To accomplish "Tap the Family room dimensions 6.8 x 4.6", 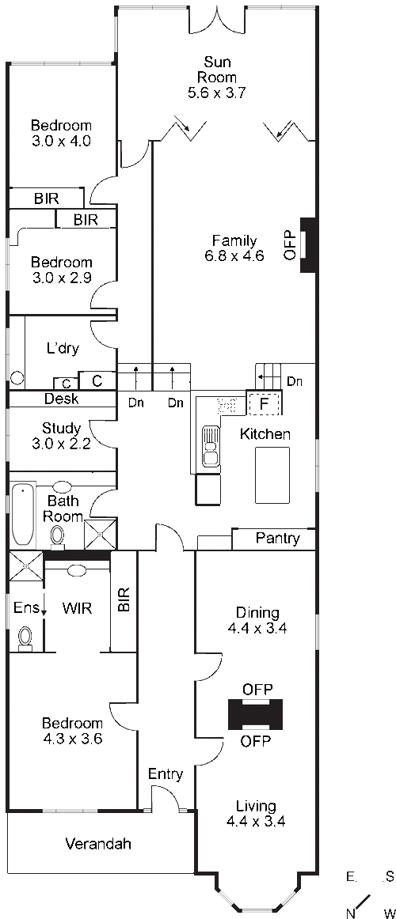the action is point(234,255).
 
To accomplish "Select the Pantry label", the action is point(277,538).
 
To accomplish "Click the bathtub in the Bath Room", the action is point(23,513).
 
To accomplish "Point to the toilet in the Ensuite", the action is point(25,638).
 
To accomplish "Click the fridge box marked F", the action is point(264,403).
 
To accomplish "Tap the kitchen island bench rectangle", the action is point(272,475).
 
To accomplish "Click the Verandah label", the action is point(98,844).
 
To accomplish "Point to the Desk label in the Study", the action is point(62,399).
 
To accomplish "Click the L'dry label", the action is point(63,349).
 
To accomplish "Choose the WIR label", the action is point(77,608).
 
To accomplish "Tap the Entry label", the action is point(166,774).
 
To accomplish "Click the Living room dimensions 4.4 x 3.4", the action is point(256,821).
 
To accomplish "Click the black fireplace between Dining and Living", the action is point(255,714).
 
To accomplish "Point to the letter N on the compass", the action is point(351,913).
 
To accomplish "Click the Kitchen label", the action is point(265,434).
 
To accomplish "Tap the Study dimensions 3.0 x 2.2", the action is point(61,444).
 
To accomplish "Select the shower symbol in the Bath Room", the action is point(99,534).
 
